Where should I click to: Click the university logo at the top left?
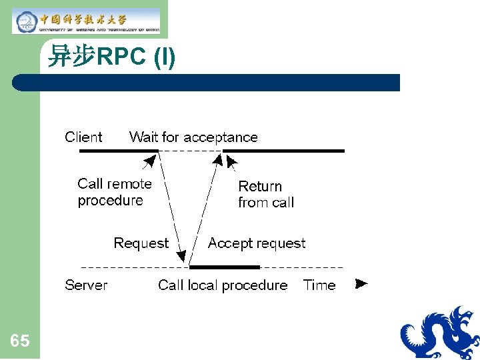[x=86, y=21]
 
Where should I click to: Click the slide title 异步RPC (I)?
[x=112, y=58]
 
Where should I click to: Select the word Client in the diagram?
[x=83, y=137]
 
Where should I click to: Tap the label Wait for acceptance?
[x=193, y=137]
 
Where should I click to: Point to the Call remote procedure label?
[x=115, y=192]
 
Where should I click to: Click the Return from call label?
[x=266, y=194]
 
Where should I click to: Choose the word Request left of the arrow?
[x=141, y=243]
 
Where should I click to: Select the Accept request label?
[x=257, y=243]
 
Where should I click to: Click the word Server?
[x=86, y=285]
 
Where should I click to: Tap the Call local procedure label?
[x=223, y=285]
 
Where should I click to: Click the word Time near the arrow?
[x=319, y=285]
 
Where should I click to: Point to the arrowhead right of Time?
[x=361, y=284]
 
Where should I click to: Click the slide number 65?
[x=20, y=341]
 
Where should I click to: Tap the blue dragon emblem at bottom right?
[x=440, y=333]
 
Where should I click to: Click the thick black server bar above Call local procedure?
[x=224, y=267]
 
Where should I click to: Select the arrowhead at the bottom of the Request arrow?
[x=181, y=255]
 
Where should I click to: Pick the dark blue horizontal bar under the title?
[x=207, y=83]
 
